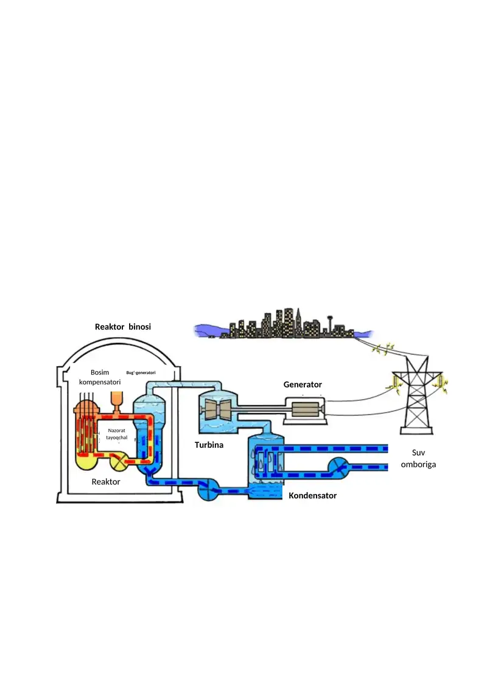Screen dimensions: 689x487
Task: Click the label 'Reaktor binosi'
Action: [122, 327]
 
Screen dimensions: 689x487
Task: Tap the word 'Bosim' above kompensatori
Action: [100, 372]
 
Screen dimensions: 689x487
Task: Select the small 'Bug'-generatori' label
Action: [141, 372]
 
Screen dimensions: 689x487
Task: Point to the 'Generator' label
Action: [303, 385]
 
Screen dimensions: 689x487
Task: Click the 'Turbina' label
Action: [209, 445]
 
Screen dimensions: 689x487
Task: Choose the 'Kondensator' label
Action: [312, 496]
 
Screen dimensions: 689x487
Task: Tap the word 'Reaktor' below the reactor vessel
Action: [106, 482]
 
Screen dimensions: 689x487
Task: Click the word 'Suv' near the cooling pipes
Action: [418, 453]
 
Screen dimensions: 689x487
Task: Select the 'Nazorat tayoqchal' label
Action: [116, 434]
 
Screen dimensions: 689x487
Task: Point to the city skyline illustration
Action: [280, 326]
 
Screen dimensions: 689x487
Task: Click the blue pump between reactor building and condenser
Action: [208, 489]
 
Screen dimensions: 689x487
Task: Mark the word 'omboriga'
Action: [418, 464]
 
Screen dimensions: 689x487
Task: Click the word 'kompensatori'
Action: [100, 382]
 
